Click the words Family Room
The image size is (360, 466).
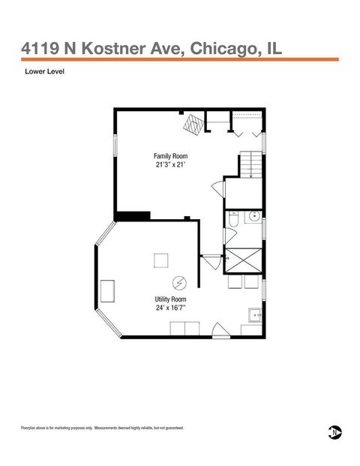click(x=170, y=156)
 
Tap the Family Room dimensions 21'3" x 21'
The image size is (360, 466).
click(x=170, y=166)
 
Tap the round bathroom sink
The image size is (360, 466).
click(x=255, y=219)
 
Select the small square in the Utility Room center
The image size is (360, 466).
click(x=161, y=260)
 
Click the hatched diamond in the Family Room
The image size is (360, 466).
click(x=194, y=124)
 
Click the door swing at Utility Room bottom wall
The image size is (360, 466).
click(x=218, y=329)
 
